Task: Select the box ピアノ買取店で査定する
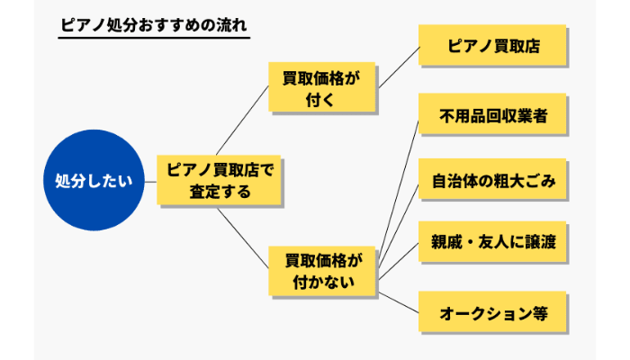(220, 179)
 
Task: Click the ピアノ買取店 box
(492, 44)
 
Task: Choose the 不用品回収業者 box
(492, 116)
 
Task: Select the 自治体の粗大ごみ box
(492, 181)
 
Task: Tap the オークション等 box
(492, 313)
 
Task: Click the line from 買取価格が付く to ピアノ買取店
(399, 66)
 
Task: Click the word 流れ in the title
(231, 24)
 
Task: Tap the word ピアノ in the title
(77, 24)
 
